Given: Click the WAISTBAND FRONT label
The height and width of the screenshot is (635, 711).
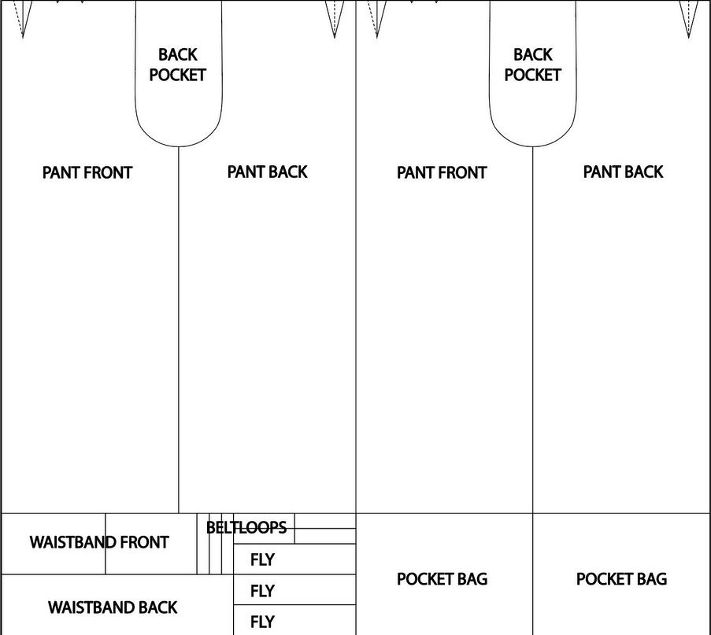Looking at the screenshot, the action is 99,542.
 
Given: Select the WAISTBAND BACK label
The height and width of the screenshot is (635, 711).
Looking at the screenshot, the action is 113,607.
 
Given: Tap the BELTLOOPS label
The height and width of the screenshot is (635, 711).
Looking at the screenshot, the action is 246,527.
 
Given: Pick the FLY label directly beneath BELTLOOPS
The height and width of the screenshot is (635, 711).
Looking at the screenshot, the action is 262,559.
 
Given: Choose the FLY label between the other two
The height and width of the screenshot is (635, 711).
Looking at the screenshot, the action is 262,591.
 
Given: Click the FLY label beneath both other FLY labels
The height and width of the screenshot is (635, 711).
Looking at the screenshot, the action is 262,622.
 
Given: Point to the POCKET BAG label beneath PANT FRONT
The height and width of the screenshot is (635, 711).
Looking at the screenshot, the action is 442,579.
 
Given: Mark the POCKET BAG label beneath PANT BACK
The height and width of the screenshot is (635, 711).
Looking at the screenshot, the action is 621,579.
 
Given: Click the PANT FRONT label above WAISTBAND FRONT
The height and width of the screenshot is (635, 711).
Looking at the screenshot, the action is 87,172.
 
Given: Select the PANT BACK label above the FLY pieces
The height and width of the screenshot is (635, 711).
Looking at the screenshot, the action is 267,172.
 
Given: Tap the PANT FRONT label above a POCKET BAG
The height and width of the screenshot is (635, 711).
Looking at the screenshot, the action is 442,172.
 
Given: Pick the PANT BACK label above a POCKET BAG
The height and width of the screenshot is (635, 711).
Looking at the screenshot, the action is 623,172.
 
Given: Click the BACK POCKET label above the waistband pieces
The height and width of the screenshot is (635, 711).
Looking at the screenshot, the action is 177,65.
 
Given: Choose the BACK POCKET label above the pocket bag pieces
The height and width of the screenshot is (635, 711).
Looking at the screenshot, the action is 532,65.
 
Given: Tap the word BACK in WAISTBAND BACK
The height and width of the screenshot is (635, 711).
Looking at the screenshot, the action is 158,607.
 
